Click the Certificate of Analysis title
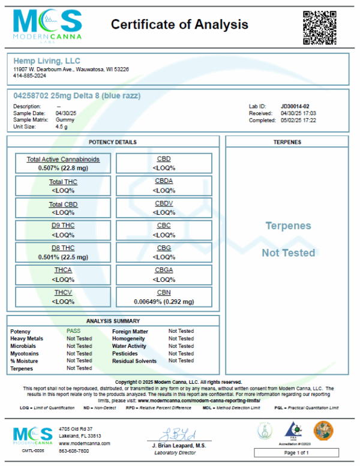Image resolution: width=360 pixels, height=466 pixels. (x=179, y=25)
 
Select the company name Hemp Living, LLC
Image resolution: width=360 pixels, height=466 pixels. (x=46, y=61)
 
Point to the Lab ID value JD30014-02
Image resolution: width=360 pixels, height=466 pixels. (x=296, y=106)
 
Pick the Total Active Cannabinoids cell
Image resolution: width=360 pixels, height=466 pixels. (x=63, y=163)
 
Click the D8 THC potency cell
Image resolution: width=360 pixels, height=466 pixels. (x=63, y=252)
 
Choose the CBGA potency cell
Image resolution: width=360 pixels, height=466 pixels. (x=164, y=275)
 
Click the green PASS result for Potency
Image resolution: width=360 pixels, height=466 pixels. (x=74, y=331)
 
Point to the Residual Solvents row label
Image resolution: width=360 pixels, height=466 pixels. (x=134, y=361)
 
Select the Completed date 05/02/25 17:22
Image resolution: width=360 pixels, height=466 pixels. (x=298, y=120)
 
